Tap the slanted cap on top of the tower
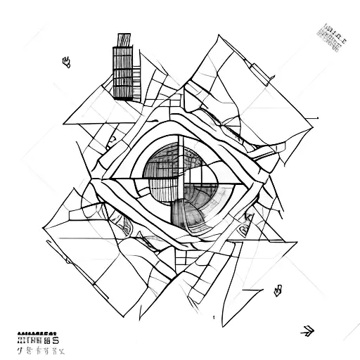(x=124, y=39)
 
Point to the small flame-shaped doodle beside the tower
(x=67, y=62)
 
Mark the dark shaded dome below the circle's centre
(x=185, y=212)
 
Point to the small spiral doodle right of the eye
(x=247, y=223)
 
